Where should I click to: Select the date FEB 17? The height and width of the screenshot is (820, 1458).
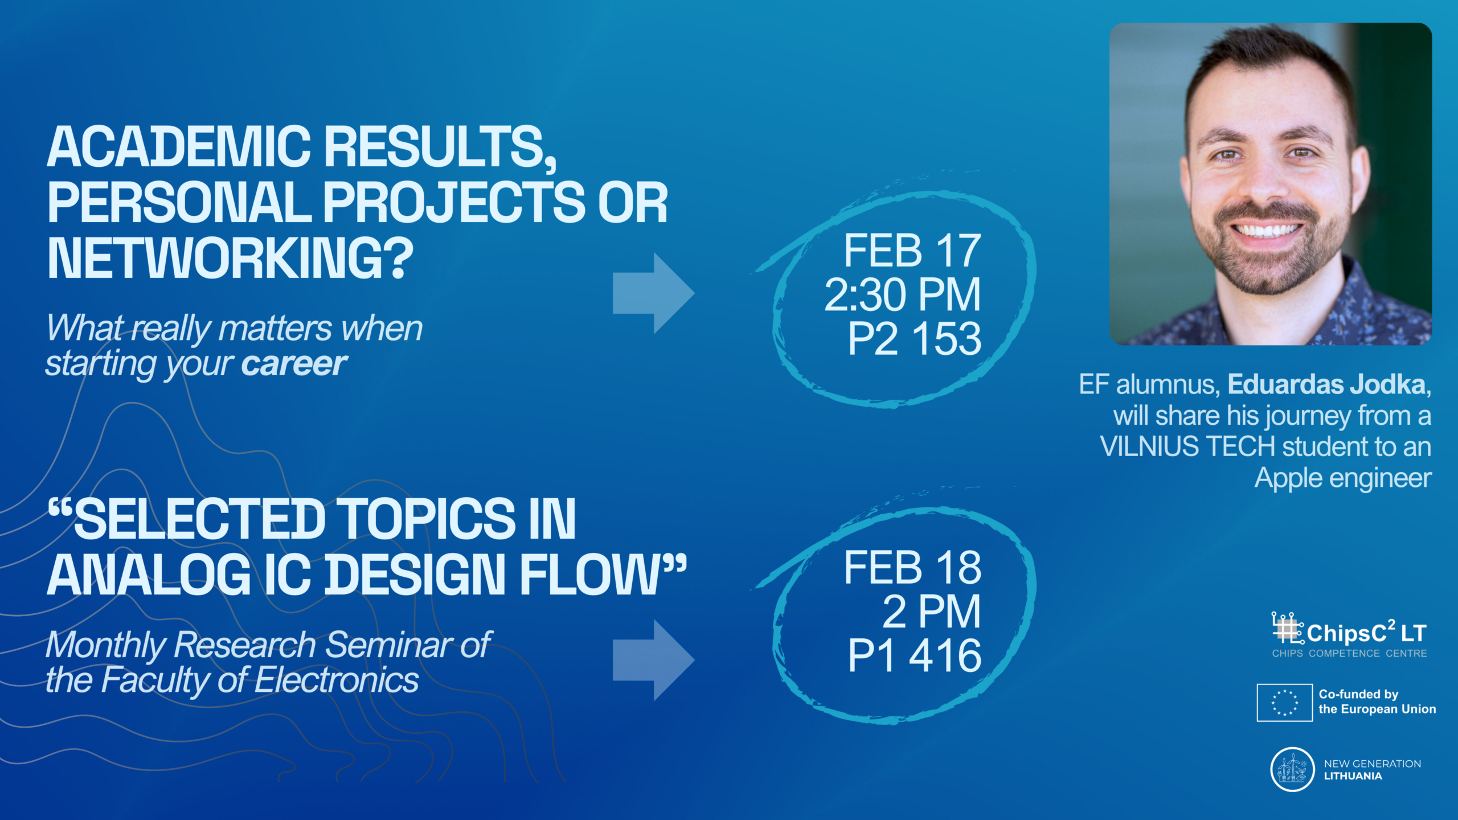point(912,251)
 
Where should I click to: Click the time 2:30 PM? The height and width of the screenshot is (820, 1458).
point(903,295)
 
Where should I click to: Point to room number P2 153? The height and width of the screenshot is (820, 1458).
point(915,339)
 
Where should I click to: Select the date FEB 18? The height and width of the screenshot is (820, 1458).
point(912,568)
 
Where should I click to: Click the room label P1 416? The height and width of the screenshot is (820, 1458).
point(915,656)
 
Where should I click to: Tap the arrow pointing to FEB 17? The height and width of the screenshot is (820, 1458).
point(653,293)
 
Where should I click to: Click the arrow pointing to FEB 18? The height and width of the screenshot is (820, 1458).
point(653,660)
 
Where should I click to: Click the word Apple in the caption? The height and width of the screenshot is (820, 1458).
point(1288,479)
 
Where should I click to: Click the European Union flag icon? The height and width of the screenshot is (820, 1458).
point(1285,703)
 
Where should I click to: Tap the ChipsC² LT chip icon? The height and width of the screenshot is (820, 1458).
point(1287,628)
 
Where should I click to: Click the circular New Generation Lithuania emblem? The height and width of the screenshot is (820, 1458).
point(1292,769)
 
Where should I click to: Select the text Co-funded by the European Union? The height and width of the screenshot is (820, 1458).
point(1377,702)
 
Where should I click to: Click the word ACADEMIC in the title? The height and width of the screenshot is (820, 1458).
point(179,147)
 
